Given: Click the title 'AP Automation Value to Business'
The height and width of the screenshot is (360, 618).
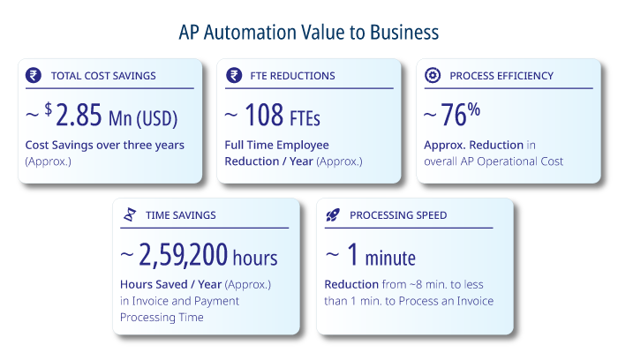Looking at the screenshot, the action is [309, 33].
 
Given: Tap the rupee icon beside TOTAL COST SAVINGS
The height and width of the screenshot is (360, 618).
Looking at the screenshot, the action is [34, 75].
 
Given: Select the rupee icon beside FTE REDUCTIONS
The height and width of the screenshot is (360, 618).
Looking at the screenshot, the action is [234, 75].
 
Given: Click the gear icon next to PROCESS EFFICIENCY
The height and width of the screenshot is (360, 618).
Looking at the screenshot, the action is [433, 75].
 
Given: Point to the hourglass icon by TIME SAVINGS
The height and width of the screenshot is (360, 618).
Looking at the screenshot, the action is [130, 214].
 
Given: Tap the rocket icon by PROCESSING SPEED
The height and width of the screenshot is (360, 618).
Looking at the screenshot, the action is [333, 215].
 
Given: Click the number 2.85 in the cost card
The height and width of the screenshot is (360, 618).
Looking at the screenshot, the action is [79, 115].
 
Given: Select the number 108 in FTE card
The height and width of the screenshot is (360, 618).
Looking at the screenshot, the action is [264, 115].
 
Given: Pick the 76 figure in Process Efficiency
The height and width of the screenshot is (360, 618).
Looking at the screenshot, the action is [454, 115].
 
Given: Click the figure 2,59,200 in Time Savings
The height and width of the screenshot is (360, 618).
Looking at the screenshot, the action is [184, 255].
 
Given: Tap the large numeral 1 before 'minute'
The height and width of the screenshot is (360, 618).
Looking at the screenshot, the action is [353, 254].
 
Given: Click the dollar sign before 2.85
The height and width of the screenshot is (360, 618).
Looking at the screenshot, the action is [48, 109].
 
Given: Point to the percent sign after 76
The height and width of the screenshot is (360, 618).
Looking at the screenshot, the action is [474, 109].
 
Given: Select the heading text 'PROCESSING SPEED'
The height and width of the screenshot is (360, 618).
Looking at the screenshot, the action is [398, 215].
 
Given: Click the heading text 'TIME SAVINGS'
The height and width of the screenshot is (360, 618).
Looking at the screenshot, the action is [181, 215].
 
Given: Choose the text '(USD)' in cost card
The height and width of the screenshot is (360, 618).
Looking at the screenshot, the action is [157, 118].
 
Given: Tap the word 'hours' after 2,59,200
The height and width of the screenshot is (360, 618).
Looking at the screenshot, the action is [255, 258].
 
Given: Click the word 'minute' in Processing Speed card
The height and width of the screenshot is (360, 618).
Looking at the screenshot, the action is [390, 259].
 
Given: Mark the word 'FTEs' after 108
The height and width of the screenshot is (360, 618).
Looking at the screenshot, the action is [305, 118].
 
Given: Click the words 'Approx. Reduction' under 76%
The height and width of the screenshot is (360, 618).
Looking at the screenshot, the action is [474, 146].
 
